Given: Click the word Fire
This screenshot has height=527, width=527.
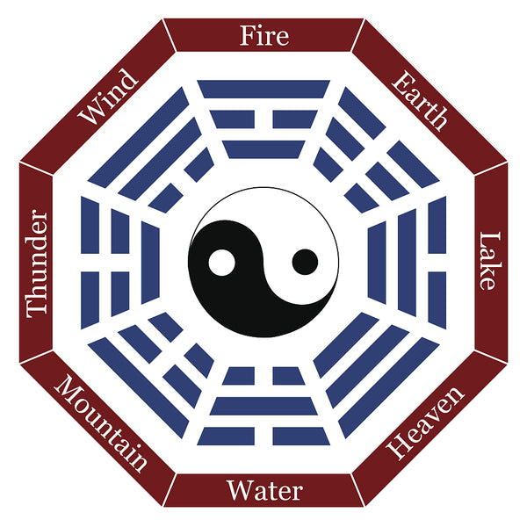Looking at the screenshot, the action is coord(264,36).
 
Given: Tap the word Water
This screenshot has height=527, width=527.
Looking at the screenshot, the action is coord(264,490).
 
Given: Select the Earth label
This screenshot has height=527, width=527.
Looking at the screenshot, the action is coord(420,100).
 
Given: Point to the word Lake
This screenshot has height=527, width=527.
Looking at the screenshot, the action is coord(489,261).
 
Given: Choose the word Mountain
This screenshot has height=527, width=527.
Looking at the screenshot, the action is coord(100,423).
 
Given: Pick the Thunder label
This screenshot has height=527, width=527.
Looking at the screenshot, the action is coord(37,263).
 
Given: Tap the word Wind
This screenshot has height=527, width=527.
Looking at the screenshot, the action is coord(108,97).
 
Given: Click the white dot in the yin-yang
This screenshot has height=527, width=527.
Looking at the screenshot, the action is coord(221,263).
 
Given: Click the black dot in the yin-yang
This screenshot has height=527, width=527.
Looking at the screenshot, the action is coord(305,262).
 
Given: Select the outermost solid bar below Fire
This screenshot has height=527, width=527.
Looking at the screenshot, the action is coord(263,89).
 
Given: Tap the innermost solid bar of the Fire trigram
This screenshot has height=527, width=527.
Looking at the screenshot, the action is coord(263,149).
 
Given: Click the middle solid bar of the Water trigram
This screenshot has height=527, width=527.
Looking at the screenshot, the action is coord(263,406).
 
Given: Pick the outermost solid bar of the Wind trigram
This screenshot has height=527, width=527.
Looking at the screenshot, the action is coord(139,137).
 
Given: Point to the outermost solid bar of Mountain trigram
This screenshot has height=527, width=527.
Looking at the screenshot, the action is coord(139,388).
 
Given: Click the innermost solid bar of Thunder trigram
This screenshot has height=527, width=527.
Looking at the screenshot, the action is coord(150,263).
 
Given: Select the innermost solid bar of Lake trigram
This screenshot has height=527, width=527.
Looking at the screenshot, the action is coord(377,263).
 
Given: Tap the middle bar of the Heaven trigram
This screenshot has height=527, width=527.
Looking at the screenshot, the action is coord(367,366).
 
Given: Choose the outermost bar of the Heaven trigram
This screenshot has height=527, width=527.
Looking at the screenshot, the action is coord(389,388).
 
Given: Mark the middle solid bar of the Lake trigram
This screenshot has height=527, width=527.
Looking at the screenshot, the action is coord(407,263).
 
